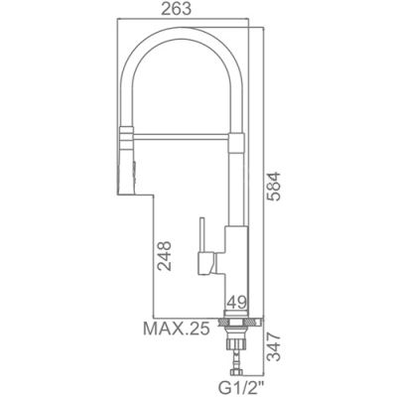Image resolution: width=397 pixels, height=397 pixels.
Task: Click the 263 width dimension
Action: pyautogui.click(x=176, y=9)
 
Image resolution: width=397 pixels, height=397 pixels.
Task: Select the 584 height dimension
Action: pyautogui.click(x=274, y=187)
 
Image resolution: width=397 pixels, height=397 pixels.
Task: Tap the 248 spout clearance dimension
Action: pyautogui.click(x=165, y=256)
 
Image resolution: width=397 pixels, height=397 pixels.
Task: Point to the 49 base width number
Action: pyautogui.click(x=236, y=302)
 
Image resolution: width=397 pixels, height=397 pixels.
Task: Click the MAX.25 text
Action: pyautogui.click(x=177, y=329)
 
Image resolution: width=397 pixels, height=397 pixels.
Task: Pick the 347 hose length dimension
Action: pyautogui.click(x=274, y=347)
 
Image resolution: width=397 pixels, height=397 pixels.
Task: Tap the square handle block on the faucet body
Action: pyautogui.click(x=205, y=263)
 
